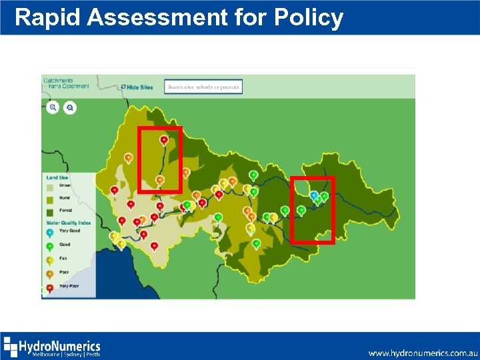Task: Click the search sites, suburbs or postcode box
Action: pos(204,87)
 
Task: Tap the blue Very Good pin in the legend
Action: pos(49,232)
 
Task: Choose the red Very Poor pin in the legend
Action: pos(49,287)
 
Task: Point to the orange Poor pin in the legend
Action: pos(49,273)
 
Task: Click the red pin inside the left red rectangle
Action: pos(164,139)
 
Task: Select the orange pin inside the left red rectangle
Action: pos(160,180)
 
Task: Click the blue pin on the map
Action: pos(314,195)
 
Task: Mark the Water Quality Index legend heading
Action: pos(69,223)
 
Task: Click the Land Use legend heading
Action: pos(57,177)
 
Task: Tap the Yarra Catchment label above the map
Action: pos(67,86)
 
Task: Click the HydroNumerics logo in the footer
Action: pos(52,347)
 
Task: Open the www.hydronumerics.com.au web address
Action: pos(423,353)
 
